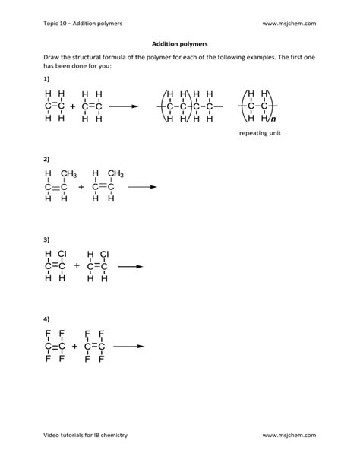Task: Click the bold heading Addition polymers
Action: point(179,44)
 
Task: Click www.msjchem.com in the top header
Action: point(289,23)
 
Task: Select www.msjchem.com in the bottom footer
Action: point(289,435)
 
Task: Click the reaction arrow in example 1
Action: point(124,107)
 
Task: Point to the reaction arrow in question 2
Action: point(141,187)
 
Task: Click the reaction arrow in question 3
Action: point(130,266)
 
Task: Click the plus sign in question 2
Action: point(81,187)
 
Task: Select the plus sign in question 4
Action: point(74,346)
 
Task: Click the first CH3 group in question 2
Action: point(68,173)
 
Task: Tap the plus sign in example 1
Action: point(73,107)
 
